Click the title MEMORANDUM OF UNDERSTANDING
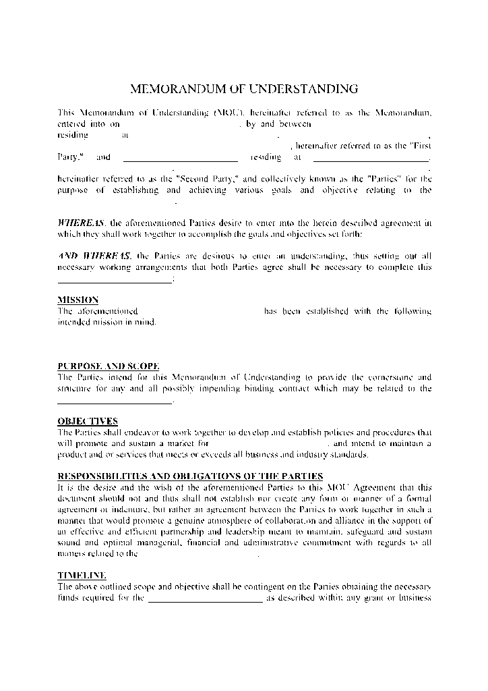(243, 88)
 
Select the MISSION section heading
(78, 300)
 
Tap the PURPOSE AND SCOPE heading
(109, 366)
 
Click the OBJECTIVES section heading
(88, 421)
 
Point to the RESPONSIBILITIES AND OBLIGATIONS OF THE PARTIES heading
(190, 476)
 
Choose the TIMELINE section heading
(82, 575)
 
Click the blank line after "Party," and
(181, 160)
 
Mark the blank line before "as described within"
(205, 600)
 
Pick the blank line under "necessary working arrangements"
(115, 281)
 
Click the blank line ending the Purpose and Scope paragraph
(115, 402)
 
